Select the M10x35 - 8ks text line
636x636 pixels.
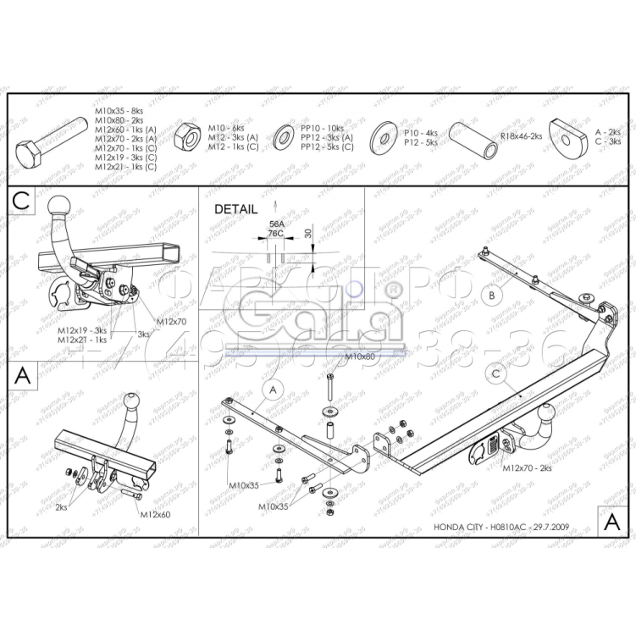pos(119,110)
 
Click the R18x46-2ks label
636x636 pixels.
pos(521,135)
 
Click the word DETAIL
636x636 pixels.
pos(234,208)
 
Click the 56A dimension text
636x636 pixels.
pos(275,224)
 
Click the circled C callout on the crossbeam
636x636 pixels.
pos(497,373)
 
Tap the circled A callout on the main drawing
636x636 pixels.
pos(271,390)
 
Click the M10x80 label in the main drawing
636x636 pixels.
pos(359,357)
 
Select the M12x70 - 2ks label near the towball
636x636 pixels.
pos(527,467)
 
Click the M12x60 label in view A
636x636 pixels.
pos(155,514)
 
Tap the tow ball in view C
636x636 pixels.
pos(62,206)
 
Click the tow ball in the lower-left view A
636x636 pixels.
pos(132,401)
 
